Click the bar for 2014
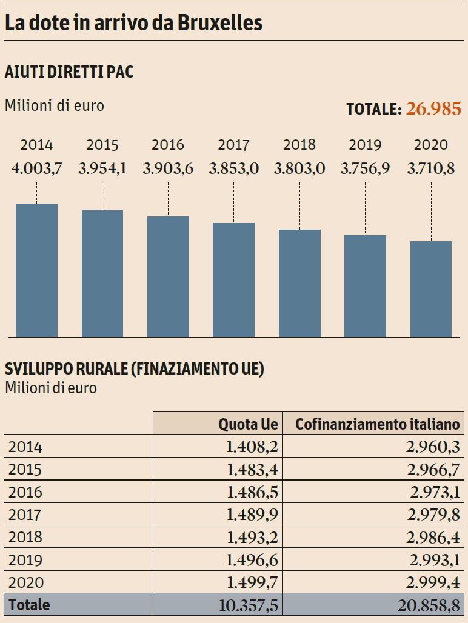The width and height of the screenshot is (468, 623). (x=36, y=270)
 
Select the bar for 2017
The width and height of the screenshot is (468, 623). (x=233, y=280)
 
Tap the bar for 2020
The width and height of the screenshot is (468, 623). (x=431, y=289)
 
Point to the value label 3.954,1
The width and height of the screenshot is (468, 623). (x=102, y=169)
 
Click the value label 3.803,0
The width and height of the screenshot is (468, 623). (x=299, y=169)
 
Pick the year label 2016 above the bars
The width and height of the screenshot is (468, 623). (x=168, y=145)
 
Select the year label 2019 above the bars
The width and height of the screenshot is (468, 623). (x=365, y=145)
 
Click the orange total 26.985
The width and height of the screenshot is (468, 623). (x=433, y=109)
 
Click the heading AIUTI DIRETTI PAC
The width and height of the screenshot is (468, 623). (x=69, y=72)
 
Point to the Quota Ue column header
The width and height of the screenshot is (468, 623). (x=248, y=424)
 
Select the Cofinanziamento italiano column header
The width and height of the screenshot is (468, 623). (x=377, y=424)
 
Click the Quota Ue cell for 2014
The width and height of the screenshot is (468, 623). (x=252, y=447)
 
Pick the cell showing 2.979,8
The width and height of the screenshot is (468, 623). (x=433, y=515)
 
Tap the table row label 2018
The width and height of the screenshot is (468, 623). (x=25, y=538)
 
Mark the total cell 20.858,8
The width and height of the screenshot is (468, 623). (x=428, y=605)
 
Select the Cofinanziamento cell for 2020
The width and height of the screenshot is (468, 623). (x=433, y=582)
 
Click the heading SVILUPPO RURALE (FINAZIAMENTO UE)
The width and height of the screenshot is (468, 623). (x=134, y=369)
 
